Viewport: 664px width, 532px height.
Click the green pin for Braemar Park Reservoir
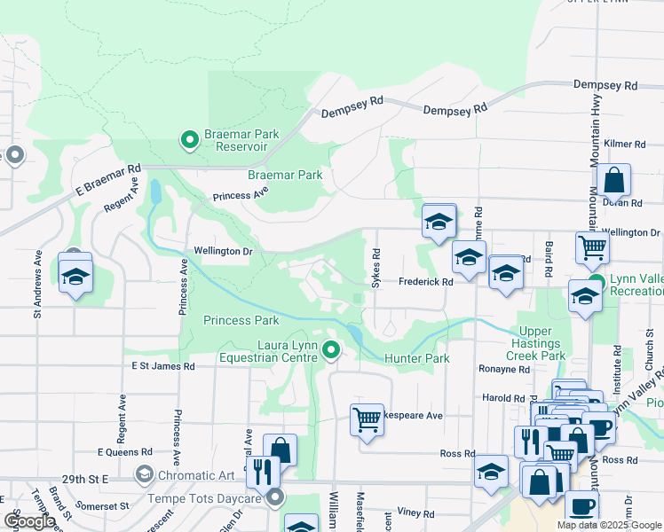click(189, 140)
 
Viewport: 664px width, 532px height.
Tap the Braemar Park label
click(285, 175)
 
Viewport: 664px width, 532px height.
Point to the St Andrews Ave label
click(38, 282)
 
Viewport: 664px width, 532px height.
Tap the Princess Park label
click(241, 320)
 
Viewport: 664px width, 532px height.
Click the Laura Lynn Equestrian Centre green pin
click(331, 351)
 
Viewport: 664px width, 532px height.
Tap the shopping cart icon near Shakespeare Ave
click(367, 419)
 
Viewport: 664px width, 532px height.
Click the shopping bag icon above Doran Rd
click(613, 182)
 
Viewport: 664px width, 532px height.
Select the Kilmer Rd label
click(624, 144)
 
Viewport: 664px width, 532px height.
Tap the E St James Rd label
click(162, 365)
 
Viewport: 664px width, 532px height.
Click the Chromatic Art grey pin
click(143, 476)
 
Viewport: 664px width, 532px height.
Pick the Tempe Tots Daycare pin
click(276, 497)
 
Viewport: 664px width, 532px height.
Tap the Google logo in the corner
click(29, 521)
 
